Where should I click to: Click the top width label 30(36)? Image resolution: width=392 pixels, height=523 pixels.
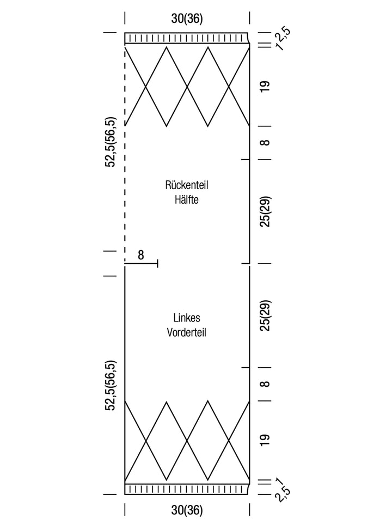[187, 19]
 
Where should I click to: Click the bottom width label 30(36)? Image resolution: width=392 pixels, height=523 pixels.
[187, 510]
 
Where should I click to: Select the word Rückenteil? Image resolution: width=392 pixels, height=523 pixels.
[187, 185]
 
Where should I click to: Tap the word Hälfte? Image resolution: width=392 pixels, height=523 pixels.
[187, 200]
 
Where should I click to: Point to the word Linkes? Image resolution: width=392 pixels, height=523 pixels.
[187, 318]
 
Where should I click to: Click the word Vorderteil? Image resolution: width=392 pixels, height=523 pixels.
[187, 332]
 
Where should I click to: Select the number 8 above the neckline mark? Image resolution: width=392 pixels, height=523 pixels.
[141, 255]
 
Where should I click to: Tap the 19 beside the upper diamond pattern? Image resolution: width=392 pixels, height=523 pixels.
[265, 87]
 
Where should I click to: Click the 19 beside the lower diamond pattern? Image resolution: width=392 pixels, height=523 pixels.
[265, 440]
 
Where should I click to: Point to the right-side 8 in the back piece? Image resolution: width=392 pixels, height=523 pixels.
[265, 143]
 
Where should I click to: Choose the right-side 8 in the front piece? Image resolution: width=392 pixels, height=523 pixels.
[265, 384]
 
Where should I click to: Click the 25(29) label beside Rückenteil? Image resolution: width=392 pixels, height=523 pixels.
[265, 211]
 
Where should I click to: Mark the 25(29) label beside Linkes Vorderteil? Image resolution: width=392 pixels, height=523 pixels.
[265, 315]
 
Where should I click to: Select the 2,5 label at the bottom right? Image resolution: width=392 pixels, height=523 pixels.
[283, 494]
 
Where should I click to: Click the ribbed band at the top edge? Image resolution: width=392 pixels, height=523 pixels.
[187, 38]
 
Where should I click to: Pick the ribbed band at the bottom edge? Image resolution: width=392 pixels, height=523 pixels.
[187, 489]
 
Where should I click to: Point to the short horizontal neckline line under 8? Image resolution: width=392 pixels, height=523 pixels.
[142, 264]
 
